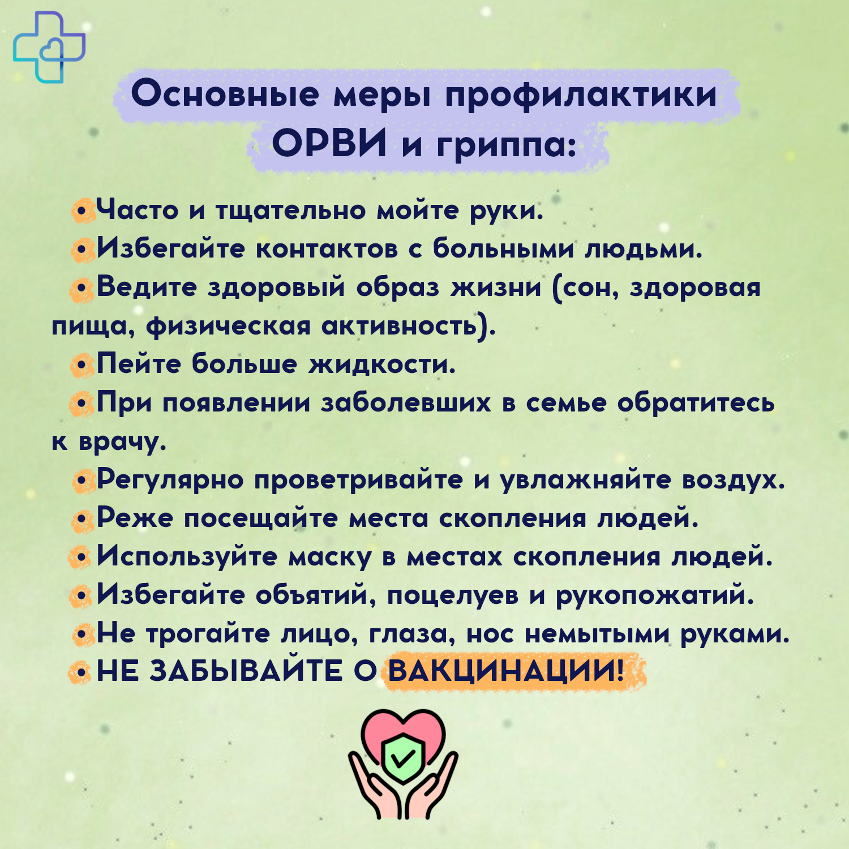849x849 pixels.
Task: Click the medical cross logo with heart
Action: point(49,47)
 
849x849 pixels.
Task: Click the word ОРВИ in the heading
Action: point(330,143)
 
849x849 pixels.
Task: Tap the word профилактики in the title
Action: point(581,95)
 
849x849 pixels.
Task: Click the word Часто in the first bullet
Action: point(137,210)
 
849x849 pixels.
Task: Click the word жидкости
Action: point(382,364)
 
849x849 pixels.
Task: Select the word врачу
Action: point(123,443)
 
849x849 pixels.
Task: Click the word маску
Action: point(329,558)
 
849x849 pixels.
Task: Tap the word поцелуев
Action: point(453,595)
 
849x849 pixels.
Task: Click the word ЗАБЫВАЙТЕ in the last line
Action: point(246,671)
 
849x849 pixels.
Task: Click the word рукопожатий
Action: point(655,596)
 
